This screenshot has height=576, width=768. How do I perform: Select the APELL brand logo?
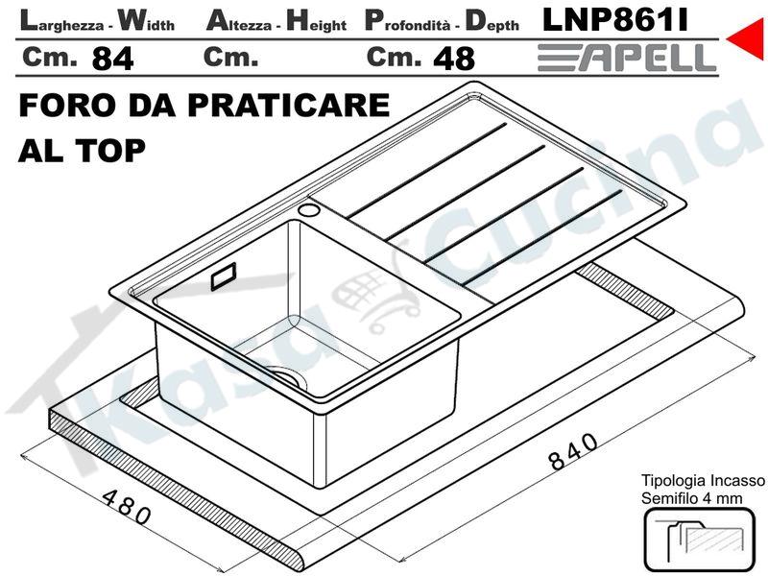(x=627, y=58)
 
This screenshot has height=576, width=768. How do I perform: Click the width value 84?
(x=112, y=59)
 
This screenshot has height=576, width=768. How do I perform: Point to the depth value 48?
(x=454, y=59)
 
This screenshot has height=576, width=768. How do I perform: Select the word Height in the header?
(x=317, y=21)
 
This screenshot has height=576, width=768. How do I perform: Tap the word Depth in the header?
(x=492, y=21)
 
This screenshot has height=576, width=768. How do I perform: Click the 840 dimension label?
(x=572, y=450)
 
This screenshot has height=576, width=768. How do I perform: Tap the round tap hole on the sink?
(x=309, y=210)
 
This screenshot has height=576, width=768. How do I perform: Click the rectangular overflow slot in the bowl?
(x=224, y=276)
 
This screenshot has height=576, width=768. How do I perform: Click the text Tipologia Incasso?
(x=703, y=481)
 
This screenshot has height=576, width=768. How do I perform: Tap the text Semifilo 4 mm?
(x=692, y=498)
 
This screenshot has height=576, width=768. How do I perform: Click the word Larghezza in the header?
(x=61, y=21)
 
